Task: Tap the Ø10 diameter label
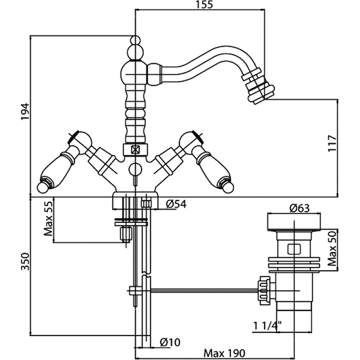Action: click(170, 342)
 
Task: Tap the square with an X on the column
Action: click(135, 150)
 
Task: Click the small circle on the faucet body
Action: click(135, 169)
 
